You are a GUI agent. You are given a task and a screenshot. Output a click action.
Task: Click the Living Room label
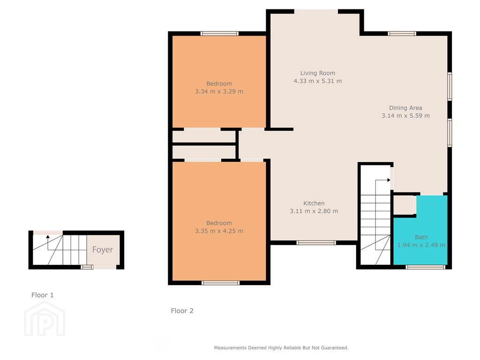[317, 73]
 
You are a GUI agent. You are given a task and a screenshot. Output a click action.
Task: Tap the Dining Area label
[405, 108]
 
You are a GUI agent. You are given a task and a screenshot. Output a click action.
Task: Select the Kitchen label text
[314, 203]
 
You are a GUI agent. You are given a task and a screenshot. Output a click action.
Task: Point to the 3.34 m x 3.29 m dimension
[219, 91]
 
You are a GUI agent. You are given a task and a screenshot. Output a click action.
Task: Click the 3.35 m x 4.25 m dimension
[219, 231]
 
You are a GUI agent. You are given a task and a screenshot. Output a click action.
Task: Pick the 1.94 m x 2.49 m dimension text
[421, 245]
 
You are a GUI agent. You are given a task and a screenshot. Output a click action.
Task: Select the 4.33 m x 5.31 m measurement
[317, 81]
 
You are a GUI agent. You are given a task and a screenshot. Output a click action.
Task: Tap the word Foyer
[102, 249]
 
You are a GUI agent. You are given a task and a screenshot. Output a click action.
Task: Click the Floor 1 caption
[43, 295]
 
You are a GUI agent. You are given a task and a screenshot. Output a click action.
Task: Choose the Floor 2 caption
[182, 310]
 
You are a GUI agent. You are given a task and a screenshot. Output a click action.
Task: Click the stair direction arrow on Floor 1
[47, 238]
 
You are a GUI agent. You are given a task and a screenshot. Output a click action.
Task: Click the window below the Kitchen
[316, 242]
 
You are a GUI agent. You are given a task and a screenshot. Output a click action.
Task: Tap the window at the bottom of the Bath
[425, 267]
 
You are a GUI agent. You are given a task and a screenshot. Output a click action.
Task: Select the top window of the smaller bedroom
[219, 33]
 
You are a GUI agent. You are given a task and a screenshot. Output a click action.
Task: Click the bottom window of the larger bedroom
[220, 283]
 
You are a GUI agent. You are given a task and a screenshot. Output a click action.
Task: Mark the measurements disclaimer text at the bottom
[281, 348]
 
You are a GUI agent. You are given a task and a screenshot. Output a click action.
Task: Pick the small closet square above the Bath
[403, 205]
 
